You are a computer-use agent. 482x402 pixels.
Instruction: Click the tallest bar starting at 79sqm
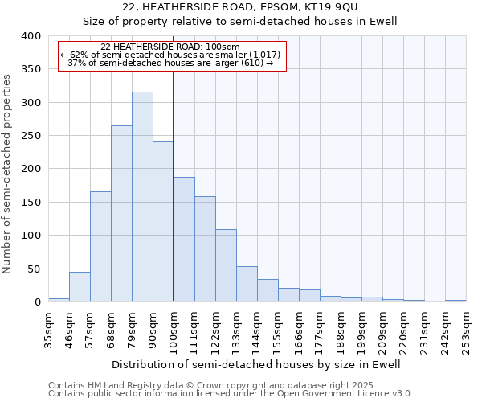coord(142,197)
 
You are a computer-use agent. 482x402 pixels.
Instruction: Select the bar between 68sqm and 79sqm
coord(121,214)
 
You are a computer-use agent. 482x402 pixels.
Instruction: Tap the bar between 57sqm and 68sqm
coord(100,247)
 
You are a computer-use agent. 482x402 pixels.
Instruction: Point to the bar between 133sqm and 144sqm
coord(247,284)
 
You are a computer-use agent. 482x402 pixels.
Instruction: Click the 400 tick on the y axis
coord(31,36)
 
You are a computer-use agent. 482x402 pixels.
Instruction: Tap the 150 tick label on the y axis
coord(31,202)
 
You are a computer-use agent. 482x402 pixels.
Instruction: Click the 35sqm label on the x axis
coord(48,329)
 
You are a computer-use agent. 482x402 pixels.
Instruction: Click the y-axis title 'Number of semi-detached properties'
coord(7,173)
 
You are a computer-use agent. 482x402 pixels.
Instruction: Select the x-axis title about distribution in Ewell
coord(255,364)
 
